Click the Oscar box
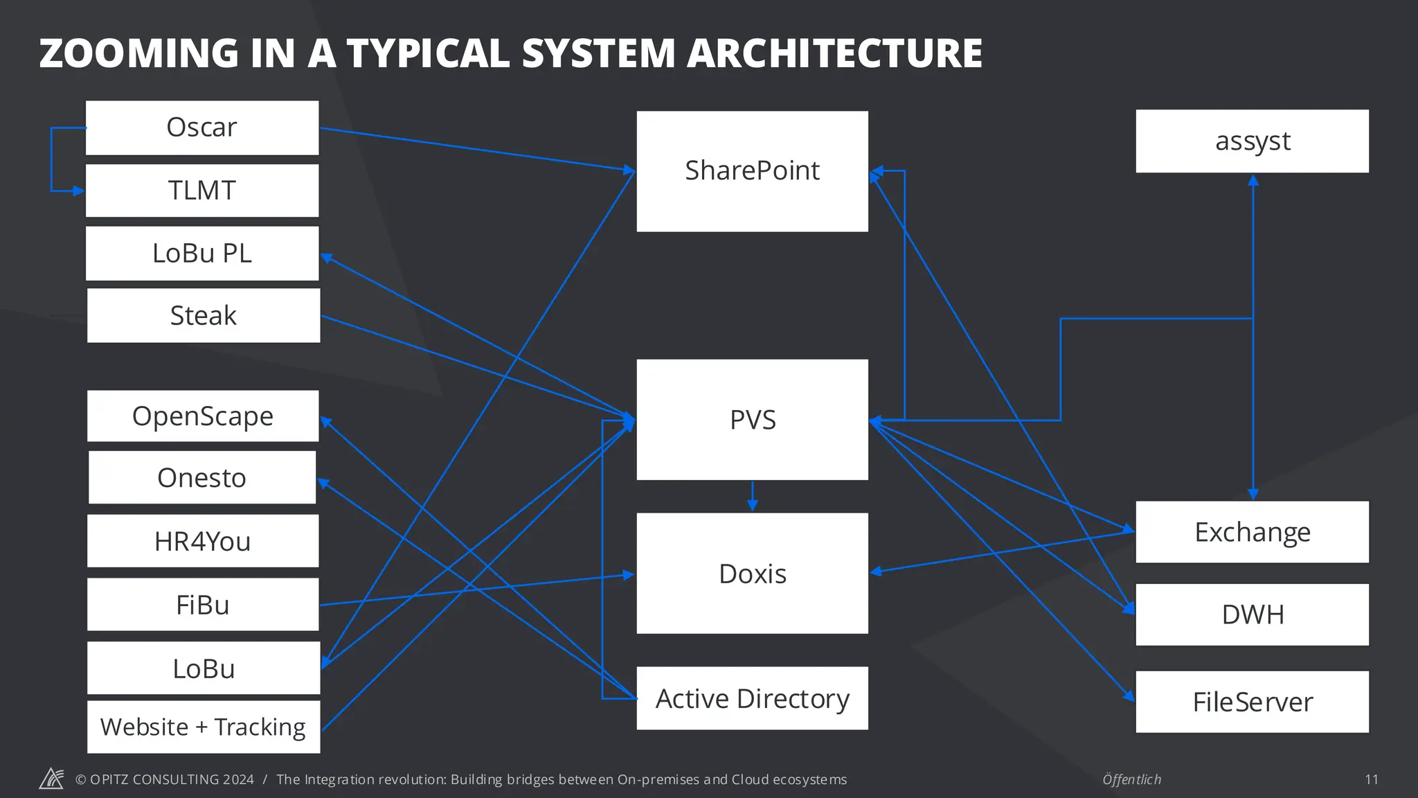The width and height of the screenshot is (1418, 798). (x=202, y=128)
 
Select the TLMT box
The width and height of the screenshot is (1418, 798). (x=202, y=190)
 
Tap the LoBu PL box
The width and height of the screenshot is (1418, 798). (x=202, y=254)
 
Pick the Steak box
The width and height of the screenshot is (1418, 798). (x=204, y=316)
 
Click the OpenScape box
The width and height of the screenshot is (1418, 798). (x=203, y=416)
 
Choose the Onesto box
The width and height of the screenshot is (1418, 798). (x=202, y=478)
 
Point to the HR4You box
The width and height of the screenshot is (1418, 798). (x=203, y=541)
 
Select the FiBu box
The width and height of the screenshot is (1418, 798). (x=203, y=605)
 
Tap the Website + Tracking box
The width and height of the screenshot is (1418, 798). (x=204, y=727)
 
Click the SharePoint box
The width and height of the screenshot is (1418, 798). (x=753, y=171)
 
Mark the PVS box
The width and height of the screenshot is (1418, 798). (x=753, y=420)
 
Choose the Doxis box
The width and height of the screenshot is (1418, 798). (x=753, y=574)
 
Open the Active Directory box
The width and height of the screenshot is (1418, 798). (x=753, y=698)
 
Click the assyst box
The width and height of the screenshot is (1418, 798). (x=1253, y=141)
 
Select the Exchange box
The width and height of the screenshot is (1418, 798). (x=1253, y=532)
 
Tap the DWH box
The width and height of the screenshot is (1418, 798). (x=1253, y=614)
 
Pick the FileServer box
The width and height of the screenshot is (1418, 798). (x=1253, y=702)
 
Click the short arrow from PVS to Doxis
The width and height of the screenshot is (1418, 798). (x=753, y=497)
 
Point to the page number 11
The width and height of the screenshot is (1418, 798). (x=1372, y=780)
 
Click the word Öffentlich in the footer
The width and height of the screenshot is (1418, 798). (x=1132, y=780)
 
